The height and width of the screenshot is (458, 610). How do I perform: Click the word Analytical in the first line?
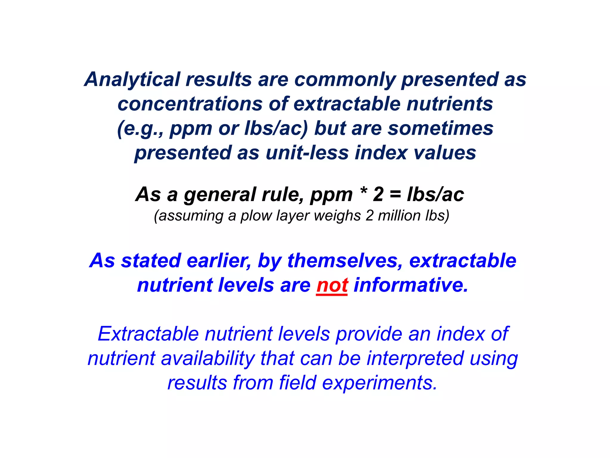pyautogui.click(x=132, y=80)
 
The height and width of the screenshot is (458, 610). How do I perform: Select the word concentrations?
pyautogui.click(x=190, y=104)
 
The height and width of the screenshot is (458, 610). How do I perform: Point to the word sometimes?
pyautogui.click(x=440, y=129)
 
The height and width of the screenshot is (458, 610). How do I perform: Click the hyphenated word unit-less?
pyautogui.click(x=307, y=153)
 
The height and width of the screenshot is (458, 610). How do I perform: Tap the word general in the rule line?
pyautogui.click(x=220, y=195)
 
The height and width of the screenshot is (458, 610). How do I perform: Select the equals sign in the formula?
pyautogui.click(x=395, y=195)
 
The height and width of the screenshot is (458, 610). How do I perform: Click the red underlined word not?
pyautogui.click(x=332, y=285)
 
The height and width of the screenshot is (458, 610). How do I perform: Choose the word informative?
pyautogui.click(x=411, y=285)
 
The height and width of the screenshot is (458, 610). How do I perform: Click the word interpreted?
pyautogui.click(x=415, y=359)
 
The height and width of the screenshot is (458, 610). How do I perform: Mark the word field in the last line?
pyautogui.click(x=297, y=383)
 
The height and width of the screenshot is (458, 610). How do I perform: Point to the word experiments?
pyautogui.click(x=379, y=383)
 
